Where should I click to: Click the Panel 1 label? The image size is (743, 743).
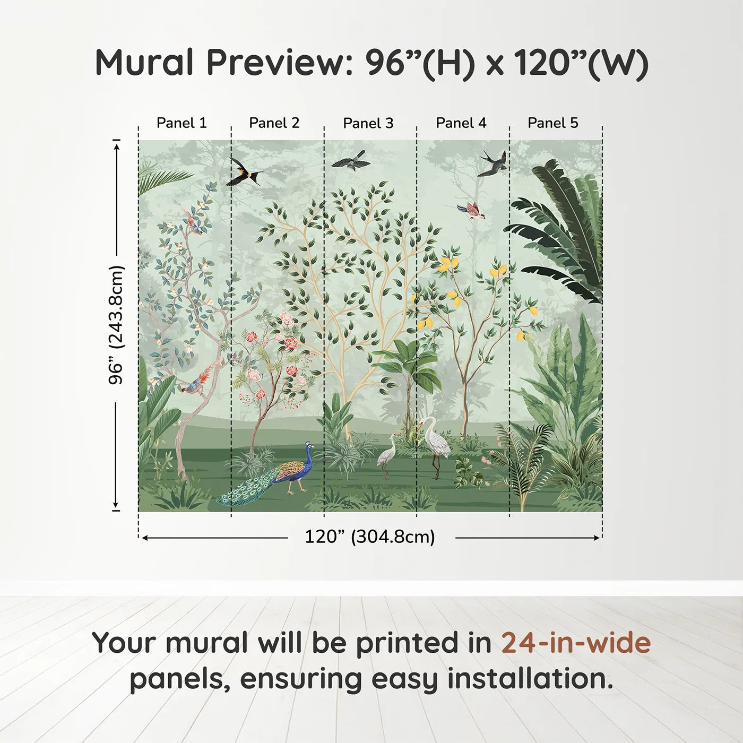(x=182, y=123)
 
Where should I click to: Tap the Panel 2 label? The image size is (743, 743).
(x=274, y=123)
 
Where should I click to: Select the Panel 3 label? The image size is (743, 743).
(x=368, y=124)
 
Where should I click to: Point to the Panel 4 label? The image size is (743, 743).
(x=461, y=123)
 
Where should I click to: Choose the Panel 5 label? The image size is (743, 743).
(x=552, y=123)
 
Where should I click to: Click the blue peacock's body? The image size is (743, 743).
(x=295, y=471)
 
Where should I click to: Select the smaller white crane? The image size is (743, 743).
(x=387, y=454)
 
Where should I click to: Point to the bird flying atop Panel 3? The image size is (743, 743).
(x=351, y=160)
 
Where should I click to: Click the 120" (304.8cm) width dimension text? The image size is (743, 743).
(x=369, y=537)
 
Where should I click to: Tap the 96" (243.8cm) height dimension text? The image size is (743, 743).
(x=116, y=325)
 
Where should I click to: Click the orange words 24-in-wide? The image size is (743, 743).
(x=576, y=643)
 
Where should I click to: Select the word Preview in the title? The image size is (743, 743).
(x=277, y=63)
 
